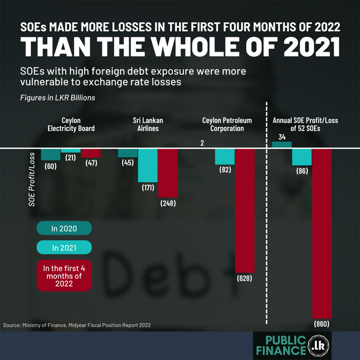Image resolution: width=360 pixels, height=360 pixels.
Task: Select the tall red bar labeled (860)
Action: coord(322,233)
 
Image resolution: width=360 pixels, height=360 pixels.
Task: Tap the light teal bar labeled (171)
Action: coord(148,166)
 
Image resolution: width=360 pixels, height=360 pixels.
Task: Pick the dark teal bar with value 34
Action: coord(282,145)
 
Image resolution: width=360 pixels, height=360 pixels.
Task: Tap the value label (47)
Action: coord(91,163)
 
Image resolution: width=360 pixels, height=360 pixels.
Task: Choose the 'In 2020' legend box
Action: coord(64,228)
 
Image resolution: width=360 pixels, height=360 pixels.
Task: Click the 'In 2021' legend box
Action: coord(64,248)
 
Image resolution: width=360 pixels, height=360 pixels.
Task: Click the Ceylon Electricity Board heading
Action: coord(71,124)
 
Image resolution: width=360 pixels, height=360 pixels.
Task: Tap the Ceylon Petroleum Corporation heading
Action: coord(227,124)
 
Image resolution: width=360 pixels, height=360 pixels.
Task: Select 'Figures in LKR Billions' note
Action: coord(50,98)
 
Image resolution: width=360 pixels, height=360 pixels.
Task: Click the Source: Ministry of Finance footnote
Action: coord(77,325)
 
